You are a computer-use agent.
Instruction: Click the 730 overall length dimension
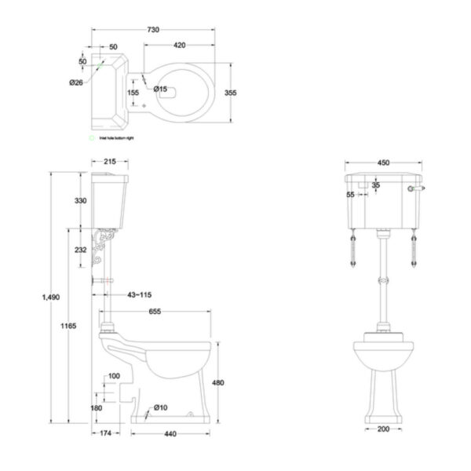(154, 30)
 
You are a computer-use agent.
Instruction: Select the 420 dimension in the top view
(180, 45)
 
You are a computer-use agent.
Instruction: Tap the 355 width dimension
(230, 93)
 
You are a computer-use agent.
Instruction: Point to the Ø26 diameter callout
(76, 81)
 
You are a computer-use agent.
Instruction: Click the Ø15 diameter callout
(162, 89)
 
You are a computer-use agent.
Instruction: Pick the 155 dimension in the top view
(133, 93)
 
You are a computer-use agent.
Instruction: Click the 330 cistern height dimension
(80, 201)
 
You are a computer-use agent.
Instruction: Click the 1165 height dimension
(68, 325)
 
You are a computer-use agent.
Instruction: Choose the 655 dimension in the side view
(157, 312)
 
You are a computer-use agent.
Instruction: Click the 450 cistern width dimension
(383, 163)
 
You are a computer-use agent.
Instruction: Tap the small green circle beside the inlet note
(92, 137)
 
